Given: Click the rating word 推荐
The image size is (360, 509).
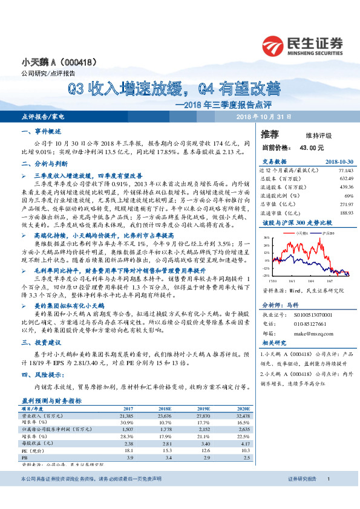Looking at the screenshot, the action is pos(270,134).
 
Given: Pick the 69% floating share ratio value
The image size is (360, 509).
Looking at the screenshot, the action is pos(349,196).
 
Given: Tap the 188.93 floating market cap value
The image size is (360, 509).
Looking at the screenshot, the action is pos(345,213).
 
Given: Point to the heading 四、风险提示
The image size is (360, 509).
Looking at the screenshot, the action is pos(40,375).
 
